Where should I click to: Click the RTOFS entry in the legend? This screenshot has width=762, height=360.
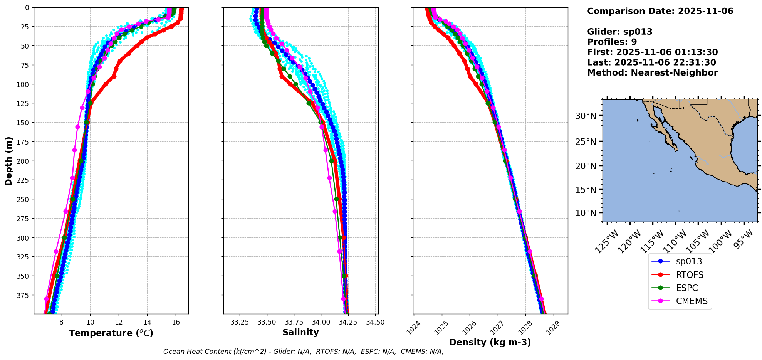(689, 275)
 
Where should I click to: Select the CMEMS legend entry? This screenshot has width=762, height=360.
(692, 301)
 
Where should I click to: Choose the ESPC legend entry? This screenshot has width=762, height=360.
(686, 288)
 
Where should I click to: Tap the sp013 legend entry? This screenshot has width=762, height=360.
(689, 261)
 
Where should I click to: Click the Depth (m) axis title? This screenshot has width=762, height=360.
(8, 161)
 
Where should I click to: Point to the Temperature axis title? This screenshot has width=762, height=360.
(111, 333)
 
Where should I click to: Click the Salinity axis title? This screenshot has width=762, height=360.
(300, 332)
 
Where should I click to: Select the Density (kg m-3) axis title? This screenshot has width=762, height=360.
(490, 342)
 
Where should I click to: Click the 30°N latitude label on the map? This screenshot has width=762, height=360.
(586, 116)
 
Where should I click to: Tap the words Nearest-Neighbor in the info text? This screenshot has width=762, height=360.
(674, 73)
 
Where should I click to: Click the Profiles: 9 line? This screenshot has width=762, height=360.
(612, 42)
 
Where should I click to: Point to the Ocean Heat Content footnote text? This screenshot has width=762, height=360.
(303, 352)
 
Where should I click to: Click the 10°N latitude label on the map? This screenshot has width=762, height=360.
(586, 213)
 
